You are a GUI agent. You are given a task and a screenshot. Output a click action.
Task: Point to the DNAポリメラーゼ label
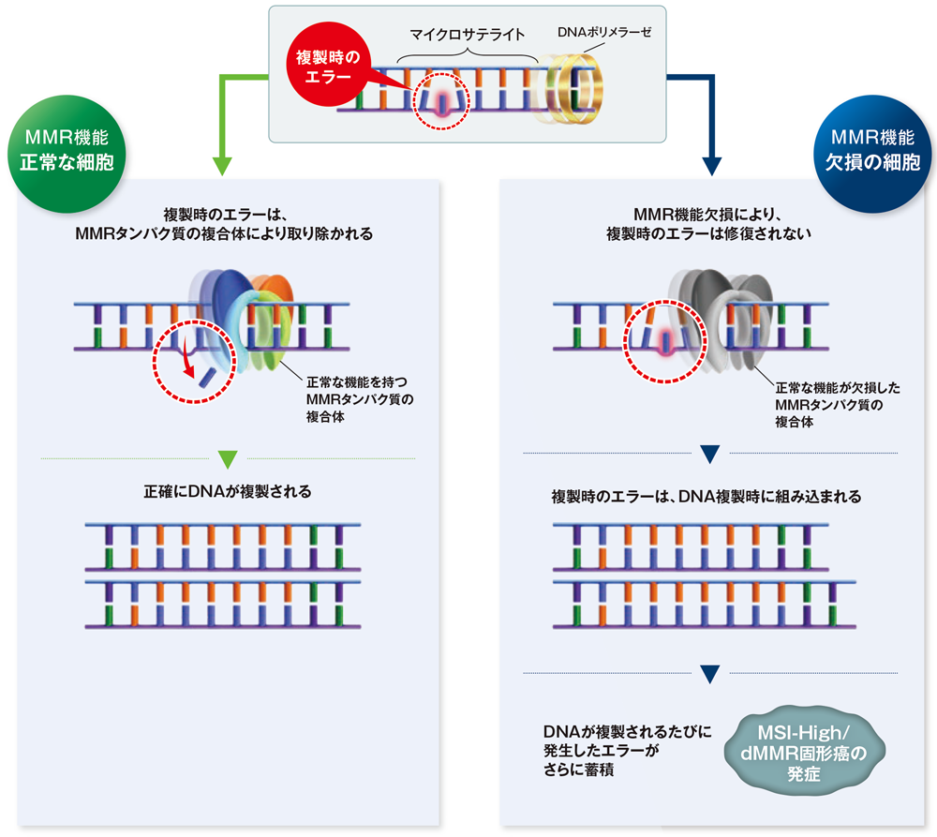pos(603,32)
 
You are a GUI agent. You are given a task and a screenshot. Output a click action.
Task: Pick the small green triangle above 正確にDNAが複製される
pos(227,460)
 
